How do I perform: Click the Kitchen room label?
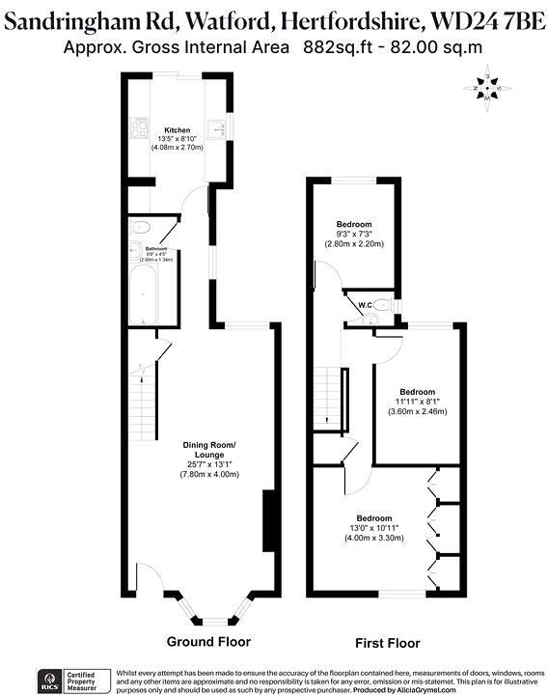(177, 129)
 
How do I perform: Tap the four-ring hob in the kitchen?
(138, 134)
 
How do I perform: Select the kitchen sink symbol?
(218, 126)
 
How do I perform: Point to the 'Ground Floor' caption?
(208, 642)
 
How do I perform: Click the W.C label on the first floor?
(366, 306)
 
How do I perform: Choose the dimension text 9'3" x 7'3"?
(353, 235)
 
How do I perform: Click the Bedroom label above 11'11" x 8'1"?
(417, 392)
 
